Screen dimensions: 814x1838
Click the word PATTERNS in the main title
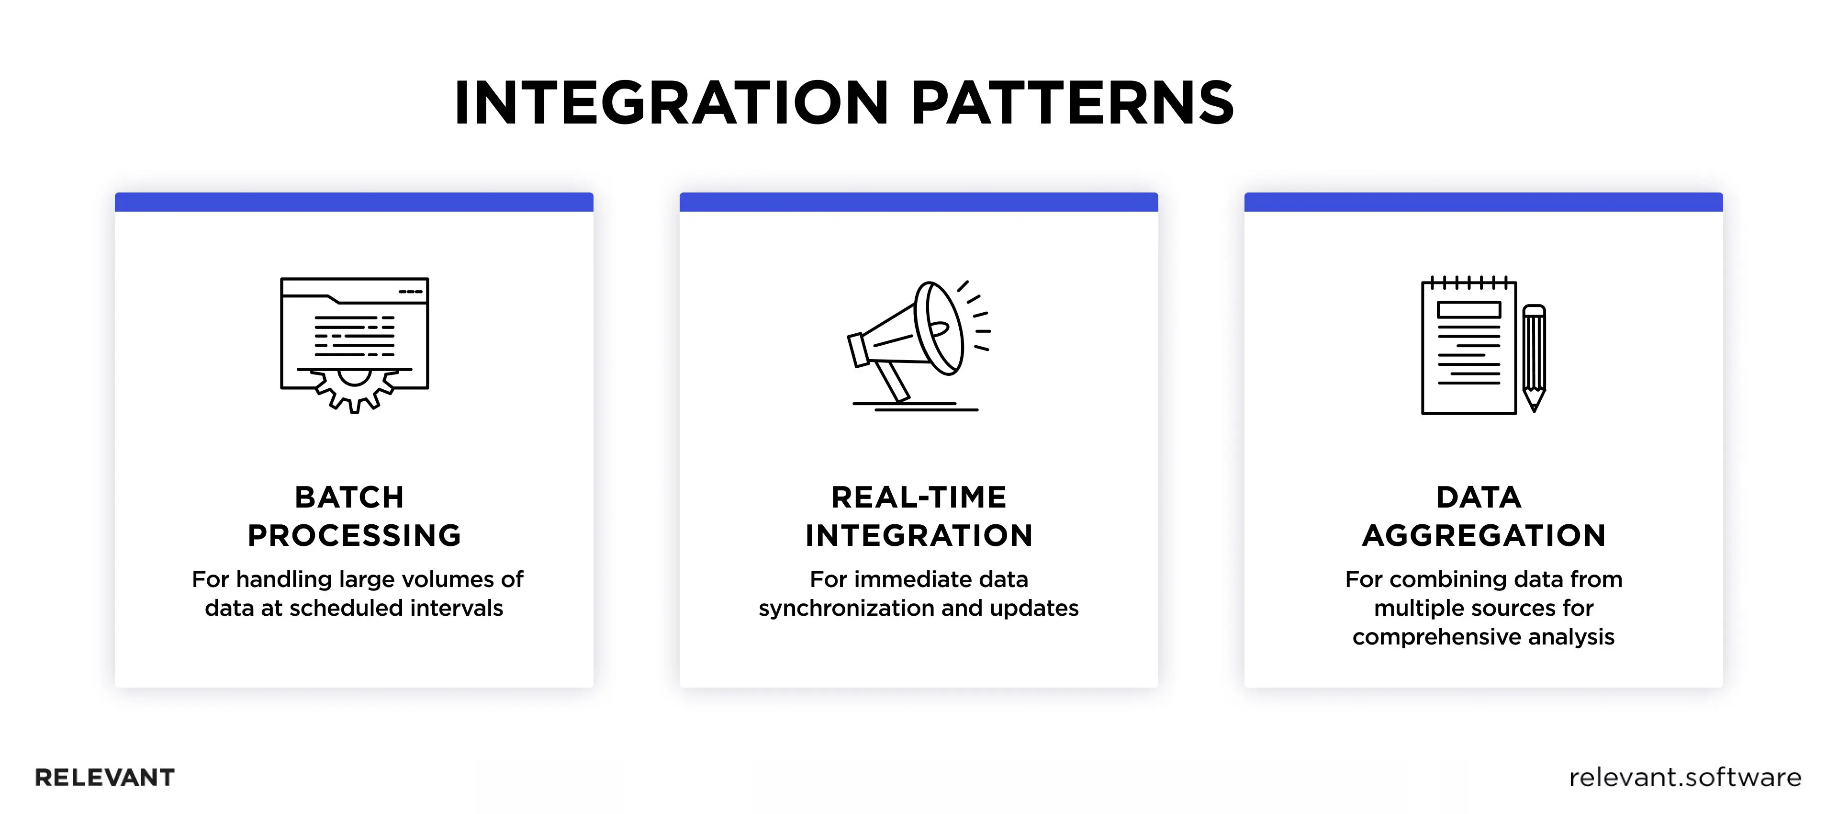pyautogui.click(x=1072, y=103)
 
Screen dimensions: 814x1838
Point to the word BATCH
pyautogui.click(x=349, y=497)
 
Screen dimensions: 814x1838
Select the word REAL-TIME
pyautogui.click(x=919, y=497)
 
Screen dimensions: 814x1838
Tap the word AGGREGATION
pyautogui.click(x=1483, y=535)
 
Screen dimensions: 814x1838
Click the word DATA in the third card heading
pyautogui.click(x=1479, y=497)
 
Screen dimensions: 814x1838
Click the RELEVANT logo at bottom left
pyautogui.click(x=105, y=778)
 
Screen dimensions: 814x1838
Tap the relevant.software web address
pyautogui.click(x=1685, y=778)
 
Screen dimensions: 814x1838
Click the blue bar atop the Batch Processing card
pyautogui.click(x=354, y=202)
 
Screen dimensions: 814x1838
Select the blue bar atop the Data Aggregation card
pyautogui.click(x=1483, y=202)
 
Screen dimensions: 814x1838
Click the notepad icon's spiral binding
pyautogui.click(x=1468, y=282)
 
